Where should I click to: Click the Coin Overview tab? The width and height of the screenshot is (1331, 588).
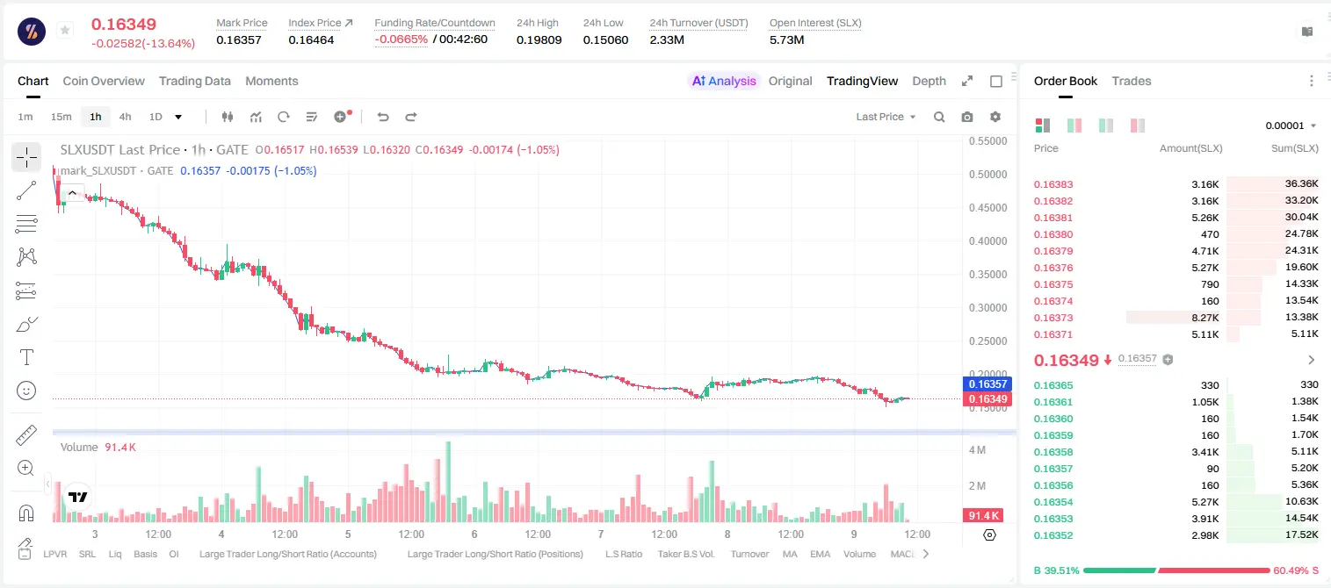click(104, 81)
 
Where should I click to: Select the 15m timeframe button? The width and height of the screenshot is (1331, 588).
click(61, 117)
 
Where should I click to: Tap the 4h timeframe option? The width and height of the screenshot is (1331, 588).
click(125, 117)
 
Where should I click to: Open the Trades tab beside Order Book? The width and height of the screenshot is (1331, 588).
click(1132, 81)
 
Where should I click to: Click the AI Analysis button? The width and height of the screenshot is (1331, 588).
click(724, 81)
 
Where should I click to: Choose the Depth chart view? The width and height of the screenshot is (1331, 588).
click(929, 81)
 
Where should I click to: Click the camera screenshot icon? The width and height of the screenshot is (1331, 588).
click(967, 117)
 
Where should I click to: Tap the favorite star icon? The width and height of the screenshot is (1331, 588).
click(65, 30)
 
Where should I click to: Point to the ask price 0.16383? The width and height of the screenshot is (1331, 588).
click(1053, 184)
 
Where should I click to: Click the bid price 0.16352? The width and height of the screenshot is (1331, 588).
click(1053, 535)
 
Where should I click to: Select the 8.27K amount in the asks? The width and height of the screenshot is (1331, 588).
click(1205, 318)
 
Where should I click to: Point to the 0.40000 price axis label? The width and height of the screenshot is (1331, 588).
click(988, 240)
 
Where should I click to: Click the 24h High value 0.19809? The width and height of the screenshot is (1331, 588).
click(539, 39)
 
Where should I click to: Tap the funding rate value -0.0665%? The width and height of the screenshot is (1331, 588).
click(401, 39)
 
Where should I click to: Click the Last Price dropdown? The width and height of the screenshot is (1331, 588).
click(886, 117)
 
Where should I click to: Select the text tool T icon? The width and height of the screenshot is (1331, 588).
click(26, 357)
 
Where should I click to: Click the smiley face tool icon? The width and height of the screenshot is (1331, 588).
click(26, 391)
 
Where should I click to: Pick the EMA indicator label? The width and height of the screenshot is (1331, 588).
click(820, 554)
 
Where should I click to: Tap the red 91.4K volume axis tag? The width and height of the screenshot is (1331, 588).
click(983, 516)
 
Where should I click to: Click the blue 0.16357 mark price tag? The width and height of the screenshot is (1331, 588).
click(987, 384)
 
